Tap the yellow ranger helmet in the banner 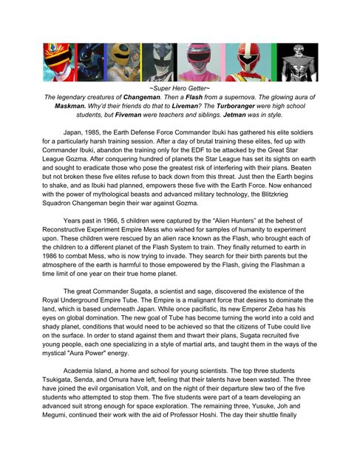point(120,62)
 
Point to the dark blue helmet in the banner point(92,62)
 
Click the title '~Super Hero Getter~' point(180,88)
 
